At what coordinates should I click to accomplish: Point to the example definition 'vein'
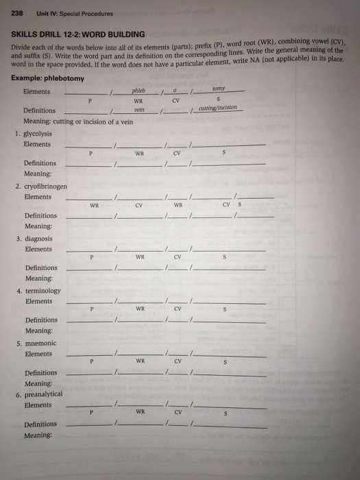139,108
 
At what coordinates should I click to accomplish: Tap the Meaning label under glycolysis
38,173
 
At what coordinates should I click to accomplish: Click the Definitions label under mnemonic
41,373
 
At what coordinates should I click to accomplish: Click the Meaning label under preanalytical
38,435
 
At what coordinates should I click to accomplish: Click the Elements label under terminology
38,301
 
